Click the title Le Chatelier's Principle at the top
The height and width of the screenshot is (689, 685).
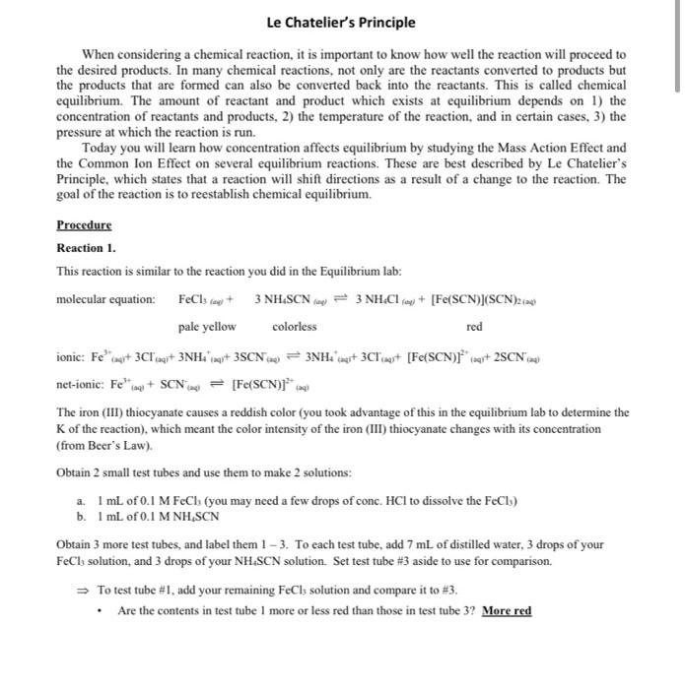pyautogui.click(x=341, y=23)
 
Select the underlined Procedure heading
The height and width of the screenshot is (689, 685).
pyautogui.click(x=84, y=224)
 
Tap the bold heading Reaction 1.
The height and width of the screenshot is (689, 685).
pyautogui.click(x=86, y=248)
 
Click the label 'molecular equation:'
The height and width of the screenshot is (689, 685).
pyautogui.click(x=105, y=299)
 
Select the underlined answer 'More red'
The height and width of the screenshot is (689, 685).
pyautogui.click(x=506, y=611)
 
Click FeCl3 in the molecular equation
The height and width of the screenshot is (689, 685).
pyautogui.click(x=194, y=299)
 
